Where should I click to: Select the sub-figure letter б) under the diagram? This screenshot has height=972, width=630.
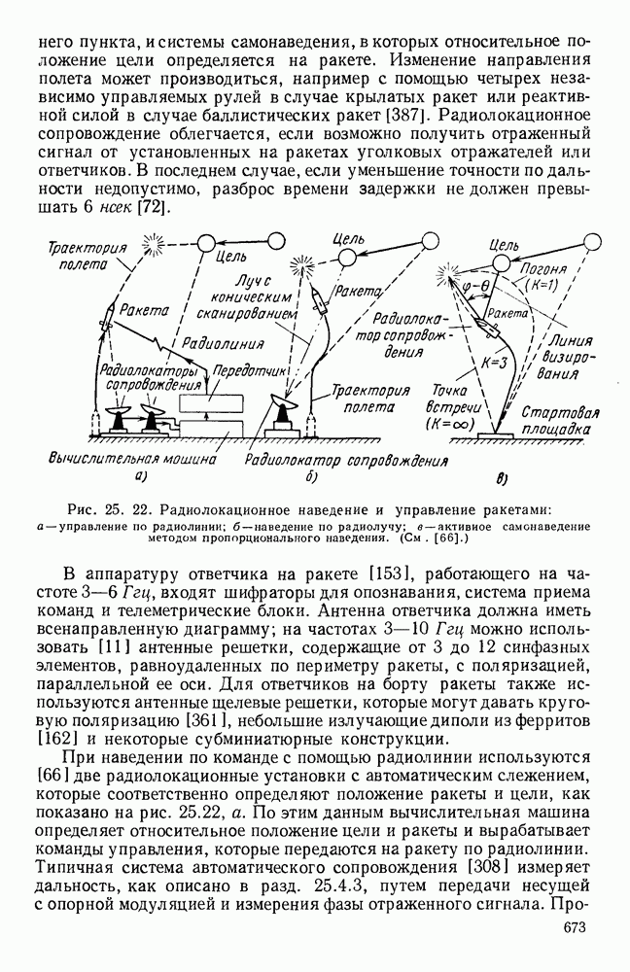click(311, 476)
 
